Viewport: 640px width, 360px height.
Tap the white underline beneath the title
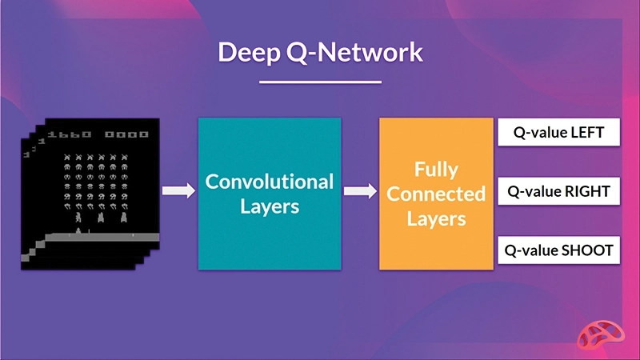[x=320, y=82]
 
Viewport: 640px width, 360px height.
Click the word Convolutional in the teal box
[x=270, y=182]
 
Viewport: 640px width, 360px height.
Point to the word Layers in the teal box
[x=270, y=206]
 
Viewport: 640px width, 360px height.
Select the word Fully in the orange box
[x=436, y=170]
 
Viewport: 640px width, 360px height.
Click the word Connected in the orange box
[x=436, y=194]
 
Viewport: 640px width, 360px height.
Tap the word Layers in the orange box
[x=436, y=218]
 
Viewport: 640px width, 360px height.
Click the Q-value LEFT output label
[x=558, y=133]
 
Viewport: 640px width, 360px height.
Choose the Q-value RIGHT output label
[x=558, y=192]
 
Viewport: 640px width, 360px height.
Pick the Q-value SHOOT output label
[x=558, y=250]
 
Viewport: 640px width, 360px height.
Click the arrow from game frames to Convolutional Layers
[x=178, y=191]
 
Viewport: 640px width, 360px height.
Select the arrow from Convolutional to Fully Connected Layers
[x=360, y=191]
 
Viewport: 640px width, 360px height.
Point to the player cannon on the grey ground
[x=78, y=231]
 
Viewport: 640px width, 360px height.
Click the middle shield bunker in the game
[x=102, y=216]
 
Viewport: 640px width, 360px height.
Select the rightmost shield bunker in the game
[x=124, y=216]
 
